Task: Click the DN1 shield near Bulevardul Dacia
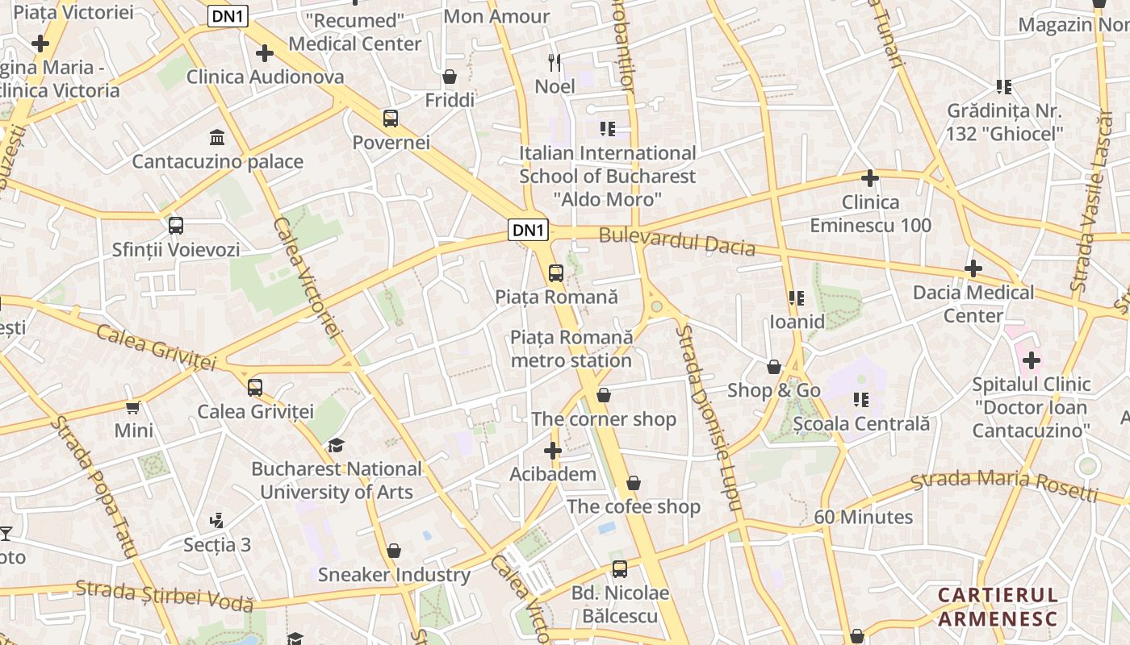coord(529,230)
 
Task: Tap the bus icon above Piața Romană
coord(556,273)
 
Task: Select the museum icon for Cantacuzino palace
coord(217,137)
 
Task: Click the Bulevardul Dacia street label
coord(676,241)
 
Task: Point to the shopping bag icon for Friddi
coord(450,77)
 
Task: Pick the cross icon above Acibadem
coord(553,451)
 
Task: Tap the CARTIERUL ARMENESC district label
coord(997,607)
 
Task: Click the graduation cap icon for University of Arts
coord(336,445)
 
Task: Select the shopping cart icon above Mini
coord(133,407)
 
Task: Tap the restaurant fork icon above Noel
coord(555,62)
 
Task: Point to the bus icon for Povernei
coord(391,119)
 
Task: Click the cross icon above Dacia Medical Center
coord(973,268)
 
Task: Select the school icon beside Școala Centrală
coord(861,399)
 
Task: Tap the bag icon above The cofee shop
coord(634,483)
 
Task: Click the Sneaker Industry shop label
coord(394,575)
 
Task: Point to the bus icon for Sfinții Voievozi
coord(176,226)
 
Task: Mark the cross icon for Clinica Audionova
coord(264,53)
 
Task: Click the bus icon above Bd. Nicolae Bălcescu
coord(620,569)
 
